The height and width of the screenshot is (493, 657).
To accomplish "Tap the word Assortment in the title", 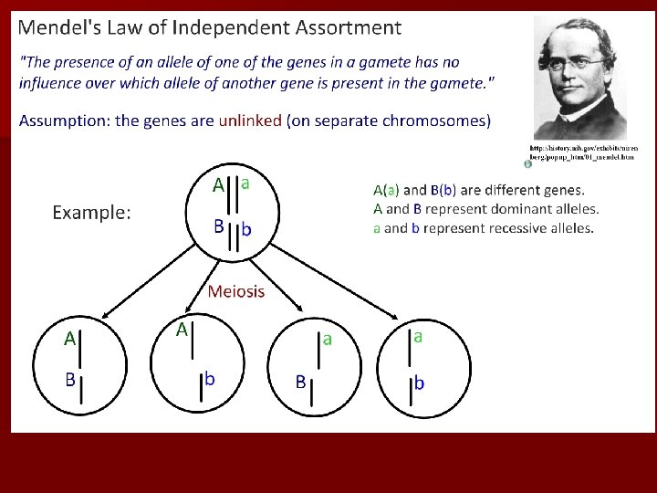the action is pos(349,27).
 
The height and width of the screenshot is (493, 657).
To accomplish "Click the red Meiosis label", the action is pos(236,292).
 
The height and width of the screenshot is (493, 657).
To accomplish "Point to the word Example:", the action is pos(91,213).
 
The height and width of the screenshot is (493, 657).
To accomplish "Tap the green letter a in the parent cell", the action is pos(246,182).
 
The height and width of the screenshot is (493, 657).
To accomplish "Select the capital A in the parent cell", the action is pos(218,185).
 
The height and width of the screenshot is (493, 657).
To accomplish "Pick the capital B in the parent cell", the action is pos(219,225).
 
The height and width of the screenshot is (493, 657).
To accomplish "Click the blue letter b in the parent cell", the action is pos(247,229).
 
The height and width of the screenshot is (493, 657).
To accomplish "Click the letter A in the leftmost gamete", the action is pos(69,339).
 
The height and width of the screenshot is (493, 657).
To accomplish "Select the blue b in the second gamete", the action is pos(210,377).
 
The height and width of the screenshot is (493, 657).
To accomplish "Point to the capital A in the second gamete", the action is pos(182,329).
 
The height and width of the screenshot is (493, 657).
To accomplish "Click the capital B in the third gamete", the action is pos(299,383).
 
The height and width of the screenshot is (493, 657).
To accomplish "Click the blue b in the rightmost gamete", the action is pos(419,383).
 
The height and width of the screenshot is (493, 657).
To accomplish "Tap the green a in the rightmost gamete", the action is pos(418,336).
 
